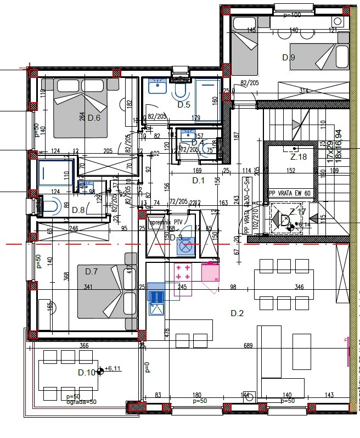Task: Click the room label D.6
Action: point(94,117)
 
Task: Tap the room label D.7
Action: point(91,271)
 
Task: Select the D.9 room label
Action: point(289,58)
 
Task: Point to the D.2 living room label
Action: point(237,313)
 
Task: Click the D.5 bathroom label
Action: point(183,104)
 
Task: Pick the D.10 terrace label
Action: point(86,373)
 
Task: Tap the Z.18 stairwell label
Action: point(298,157)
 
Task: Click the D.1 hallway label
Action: point(198,180)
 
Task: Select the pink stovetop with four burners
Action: point(183,272)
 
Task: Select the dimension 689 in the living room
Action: point(249,346)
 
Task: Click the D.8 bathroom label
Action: point(78,209)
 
